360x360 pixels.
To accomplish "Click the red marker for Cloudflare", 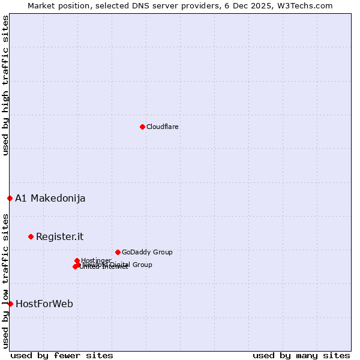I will click(x=142, y=127).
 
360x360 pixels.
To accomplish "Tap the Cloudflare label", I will click(x=162, y=127).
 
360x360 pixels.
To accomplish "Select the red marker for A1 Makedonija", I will click(x=10, y=198).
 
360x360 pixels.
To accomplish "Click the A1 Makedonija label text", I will click(x=50, y=198).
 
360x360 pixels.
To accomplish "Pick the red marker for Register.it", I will click(x=31, y=236).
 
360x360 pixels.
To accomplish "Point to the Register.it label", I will click(x=59, y=236).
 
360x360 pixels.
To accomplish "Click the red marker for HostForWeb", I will click(x=10, y=304).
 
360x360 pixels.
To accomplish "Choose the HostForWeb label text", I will click(x=44, y=304).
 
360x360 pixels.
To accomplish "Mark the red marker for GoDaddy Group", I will click(x=118, y=252).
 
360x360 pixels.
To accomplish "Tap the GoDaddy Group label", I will click(x=147, y=252).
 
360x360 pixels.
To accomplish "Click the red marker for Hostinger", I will click(x=77, y=260).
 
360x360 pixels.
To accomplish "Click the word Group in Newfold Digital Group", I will click(x=142, y=265).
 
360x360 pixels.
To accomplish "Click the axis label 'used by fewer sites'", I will click(x=62, y=355).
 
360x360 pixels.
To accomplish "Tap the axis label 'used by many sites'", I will click(x=301, y=355).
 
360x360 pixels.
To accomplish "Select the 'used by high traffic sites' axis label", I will click(x=5, y=85).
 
